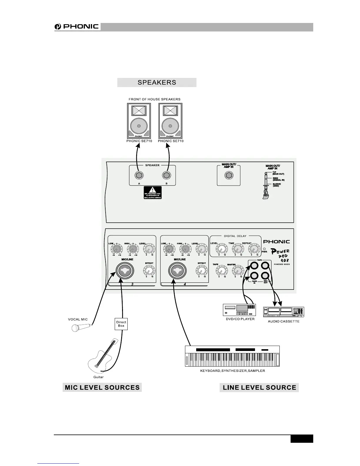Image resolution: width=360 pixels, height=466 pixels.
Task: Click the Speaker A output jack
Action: pos(139,176)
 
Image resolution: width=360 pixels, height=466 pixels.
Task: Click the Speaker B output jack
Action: pos(166,176)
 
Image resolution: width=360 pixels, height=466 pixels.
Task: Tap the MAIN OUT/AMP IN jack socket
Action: pos(229,176)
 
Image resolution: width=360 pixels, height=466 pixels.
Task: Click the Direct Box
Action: pos(121,324)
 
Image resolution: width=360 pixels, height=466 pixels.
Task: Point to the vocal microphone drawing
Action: pos(81,327)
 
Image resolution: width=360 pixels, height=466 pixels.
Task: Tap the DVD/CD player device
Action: pos(239,310)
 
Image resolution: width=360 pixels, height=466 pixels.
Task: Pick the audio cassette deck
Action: pos(284,312)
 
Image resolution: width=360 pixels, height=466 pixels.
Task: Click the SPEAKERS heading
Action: pos(157,82)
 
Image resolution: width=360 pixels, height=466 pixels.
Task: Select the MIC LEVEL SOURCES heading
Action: pos(102,387)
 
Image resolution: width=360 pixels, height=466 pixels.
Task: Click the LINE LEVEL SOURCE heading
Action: pos(259,387)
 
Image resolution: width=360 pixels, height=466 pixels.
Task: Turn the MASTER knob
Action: pos(238,270)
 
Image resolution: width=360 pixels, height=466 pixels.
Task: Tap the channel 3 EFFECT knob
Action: pos(149,270)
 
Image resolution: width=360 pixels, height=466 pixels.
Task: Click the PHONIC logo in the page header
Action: pos(77,27)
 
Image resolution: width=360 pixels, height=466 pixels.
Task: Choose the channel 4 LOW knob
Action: pos(169,250)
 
